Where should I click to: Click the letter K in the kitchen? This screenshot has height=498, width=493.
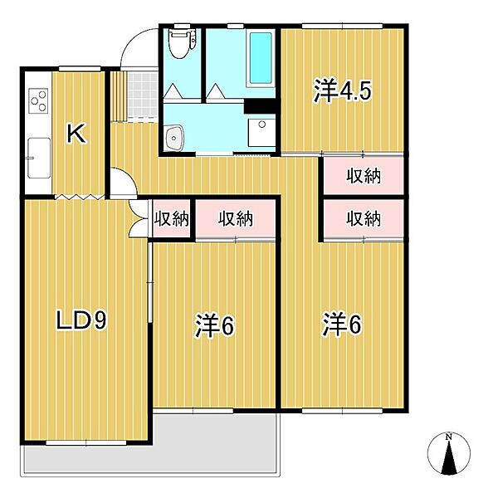(x=76, y=133)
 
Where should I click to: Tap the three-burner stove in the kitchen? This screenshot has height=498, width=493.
(x=38, y=100)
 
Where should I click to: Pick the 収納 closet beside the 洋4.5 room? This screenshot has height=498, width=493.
(x=362, y=175)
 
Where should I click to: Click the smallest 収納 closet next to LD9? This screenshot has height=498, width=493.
(x=172, y=219)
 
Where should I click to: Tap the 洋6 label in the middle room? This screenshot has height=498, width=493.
(x=215, y=326)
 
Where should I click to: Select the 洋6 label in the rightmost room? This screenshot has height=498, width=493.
(x=341, y=326)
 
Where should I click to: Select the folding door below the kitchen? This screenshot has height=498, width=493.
(x=80, y=197)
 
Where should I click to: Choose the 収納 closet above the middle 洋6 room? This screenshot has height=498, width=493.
(x=236, y=219)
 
